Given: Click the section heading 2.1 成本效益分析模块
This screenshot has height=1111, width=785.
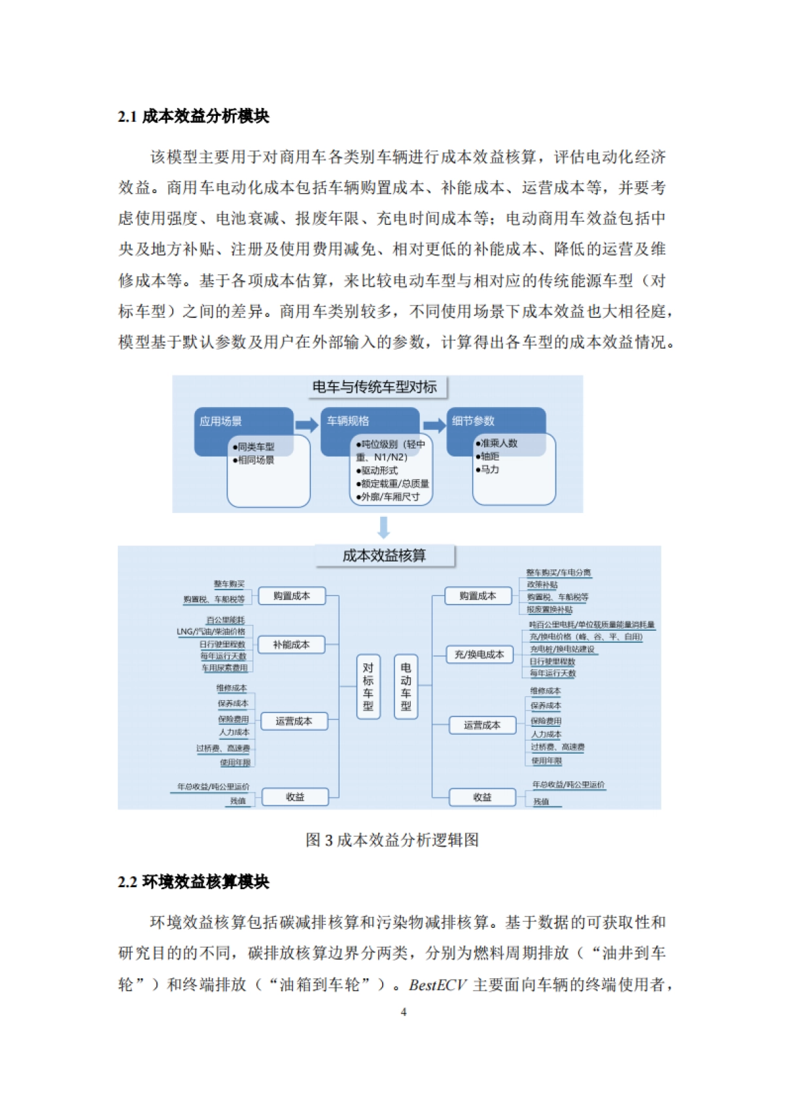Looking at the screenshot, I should click(194, 116).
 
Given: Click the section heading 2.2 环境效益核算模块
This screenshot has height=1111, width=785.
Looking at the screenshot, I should click(194, 881).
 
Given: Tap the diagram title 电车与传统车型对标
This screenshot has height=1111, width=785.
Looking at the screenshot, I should click(375, 387).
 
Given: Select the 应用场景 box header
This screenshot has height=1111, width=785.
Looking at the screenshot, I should click(221, 421).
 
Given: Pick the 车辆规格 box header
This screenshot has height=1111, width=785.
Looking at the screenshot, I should click(348, 421).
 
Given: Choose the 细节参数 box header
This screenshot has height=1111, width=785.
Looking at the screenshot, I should click(474, 421).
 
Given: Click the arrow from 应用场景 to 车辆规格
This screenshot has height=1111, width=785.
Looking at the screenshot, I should click(307, 425).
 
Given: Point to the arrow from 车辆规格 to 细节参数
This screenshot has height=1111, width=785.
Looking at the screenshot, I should click(434, 425).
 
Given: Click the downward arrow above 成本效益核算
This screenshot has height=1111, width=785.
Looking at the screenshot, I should click(384, 527).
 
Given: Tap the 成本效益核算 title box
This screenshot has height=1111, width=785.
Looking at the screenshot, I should click(385, 555).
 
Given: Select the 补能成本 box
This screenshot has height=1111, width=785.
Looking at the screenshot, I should click(292, 644).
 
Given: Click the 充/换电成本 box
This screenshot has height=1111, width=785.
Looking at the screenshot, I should click(480, 654).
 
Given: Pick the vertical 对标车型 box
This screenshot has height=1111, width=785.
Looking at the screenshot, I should click(368, 686).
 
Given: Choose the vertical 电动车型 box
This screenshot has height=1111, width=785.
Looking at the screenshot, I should click(406, 686).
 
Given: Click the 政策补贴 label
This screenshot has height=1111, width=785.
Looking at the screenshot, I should click(542, 584).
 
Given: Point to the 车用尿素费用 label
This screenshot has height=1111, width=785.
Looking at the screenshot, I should click(225, 668).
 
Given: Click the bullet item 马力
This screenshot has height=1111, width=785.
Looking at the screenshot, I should click(489, 470).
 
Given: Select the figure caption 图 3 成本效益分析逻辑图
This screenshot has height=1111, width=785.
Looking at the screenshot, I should click(392, 840).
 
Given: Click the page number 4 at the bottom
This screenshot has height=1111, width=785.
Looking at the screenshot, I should click(403, 1012).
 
